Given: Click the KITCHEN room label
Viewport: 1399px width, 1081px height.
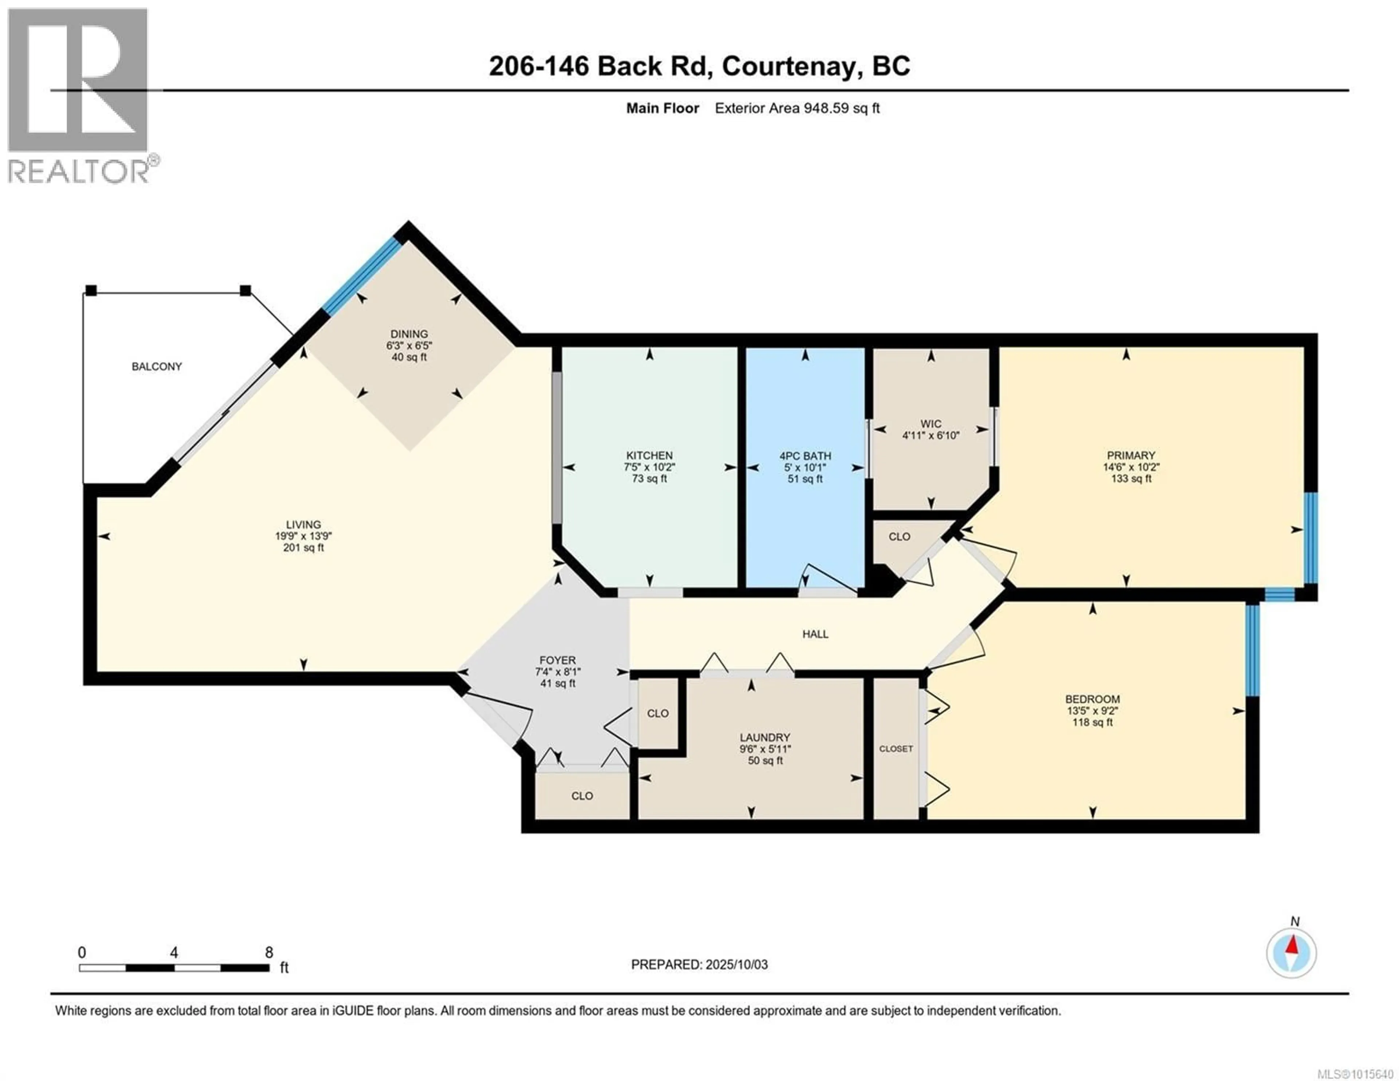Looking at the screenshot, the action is [650, 455].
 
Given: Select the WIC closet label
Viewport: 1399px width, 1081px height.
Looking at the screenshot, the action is [931, 424].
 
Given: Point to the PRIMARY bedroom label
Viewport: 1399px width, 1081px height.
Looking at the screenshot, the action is [1130, 455].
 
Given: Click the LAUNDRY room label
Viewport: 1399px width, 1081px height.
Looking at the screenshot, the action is [765, 737].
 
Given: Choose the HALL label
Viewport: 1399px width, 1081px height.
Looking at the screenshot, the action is [815, 634].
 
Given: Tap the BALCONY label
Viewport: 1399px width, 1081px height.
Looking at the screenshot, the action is [157, 367].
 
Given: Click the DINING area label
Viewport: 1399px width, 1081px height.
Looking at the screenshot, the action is [409, 334].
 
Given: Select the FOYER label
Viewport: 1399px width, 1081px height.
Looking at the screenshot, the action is [557, 660].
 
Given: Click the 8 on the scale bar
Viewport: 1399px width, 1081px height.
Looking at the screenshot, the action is [269, 952].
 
